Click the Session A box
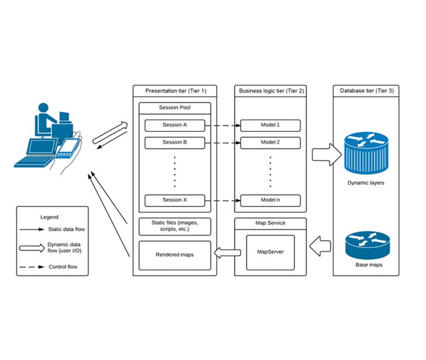[174, 125]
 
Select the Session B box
[174, 142]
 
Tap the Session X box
[174, 201]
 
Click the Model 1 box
[270, 125]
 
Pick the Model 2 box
[270, 142]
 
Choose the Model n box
[270, 201]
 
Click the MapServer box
[270, 253]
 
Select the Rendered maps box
[174, 255]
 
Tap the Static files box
[174, 226]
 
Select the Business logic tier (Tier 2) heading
[270, 91]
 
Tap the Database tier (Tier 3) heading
[366, 91]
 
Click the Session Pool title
[174, 108]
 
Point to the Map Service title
[270, 223]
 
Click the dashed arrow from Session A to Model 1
[222, 125]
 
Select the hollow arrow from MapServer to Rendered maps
[227, 253]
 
